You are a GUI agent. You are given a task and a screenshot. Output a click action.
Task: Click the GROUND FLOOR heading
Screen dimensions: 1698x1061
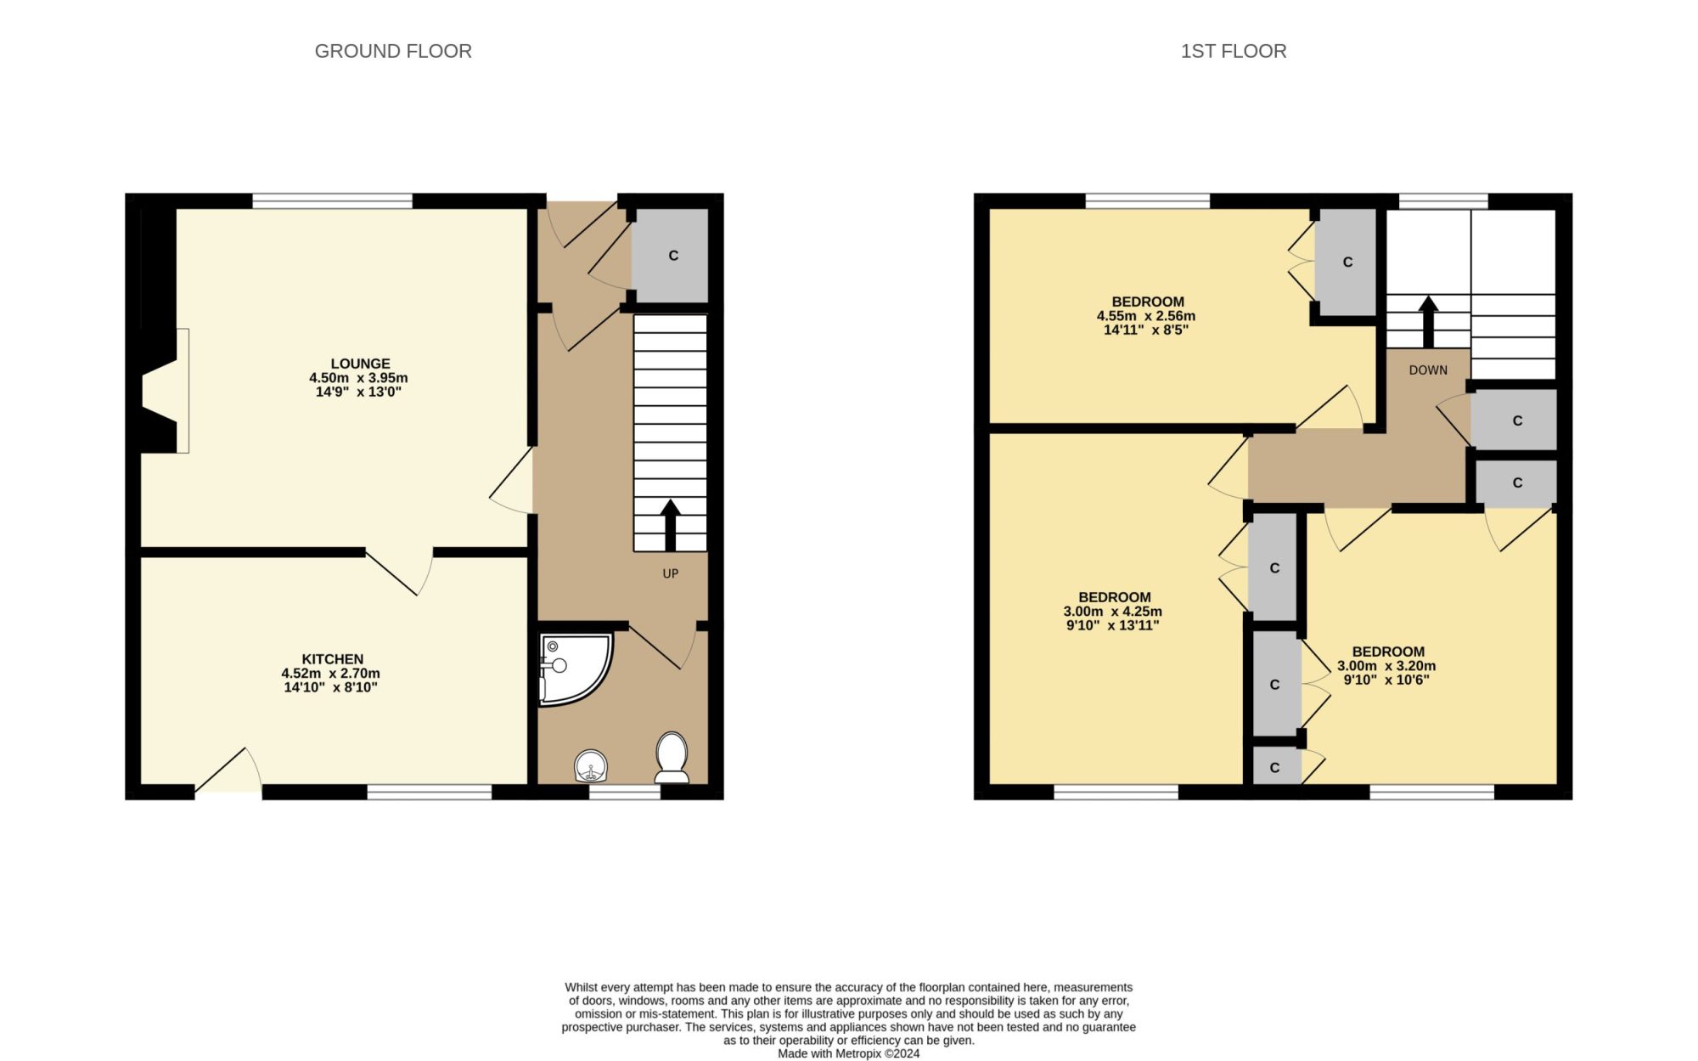[393, 51]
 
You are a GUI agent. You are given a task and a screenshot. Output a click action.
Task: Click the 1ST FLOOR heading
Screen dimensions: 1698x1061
[1234, 51]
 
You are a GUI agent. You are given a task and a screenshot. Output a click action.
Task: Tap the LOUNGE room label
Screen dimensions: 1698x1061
[361, 364]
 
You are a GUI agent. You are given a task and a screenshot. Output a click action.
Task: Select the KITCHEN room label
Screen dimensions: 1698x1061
[332, 659]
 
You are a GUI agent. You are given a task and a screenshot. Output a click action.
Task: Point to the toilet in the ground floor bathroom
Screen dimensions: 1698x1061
[672, 757]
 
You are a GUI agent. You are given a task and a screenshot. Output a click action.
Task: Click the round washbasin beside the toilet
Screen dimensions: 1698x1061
[591, 765]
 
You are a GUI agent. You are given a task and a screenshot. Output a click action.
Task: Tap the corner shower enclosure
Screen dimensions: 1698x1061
[575, 669]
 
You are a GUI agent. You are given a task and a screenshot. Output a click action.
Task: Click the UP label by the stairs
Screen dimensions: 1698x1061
[671, 573]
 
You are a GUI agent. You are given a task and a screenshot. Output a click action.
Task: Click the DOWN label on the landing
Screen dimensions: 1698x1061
[1428, 370]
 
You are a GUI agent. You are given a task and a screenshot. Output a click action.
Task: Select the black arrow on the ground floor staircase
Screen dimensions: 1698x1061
[671, 525]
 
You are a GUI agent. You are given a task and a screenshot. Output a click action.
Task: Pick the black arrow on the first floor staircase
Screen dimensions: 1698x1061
[1429, 322]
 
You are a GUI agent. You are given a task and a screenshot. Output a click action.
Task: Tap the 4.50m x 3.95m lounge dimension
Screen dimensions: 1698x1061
[358, 378]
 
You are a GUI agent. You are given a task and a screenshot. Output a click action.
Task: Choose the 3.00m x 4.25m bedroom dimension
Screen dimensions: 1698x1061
[1113, 612]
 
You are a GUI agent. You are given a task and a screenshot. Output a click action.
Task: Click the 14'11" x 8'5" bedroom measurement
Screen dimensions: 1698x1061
[1146, 330]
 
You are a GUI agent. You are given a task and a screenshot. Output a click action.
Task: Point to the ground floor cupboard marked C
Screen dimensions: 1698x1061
[672, 256]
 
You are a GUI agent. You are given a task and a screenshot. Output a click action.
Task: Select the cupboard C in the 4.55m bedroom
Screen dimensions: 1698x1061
[1347, 262]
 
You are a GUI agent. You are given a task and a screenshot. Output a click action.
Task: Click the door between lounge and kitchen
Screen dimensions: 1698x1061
[400, 572]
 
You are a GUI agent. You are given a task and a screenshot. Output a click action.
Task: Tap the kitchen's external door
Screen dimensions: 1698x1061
[228, 771]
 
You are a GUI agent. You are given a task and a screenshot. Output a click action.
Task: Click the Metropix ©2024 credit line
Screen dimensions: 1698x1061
[849, 1054]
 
